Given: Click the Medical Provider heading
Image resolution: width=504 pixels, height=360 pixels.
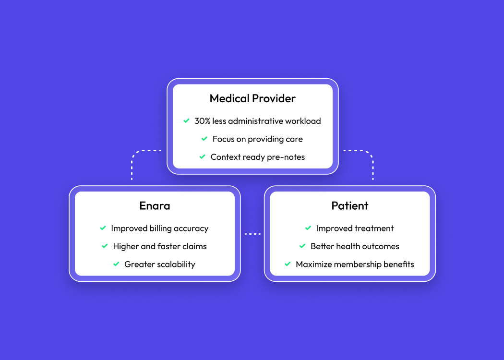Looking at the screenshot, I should pos(252,99).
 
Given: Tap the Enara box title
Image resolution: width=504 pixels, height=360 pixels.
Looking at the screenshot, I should pos(155,206).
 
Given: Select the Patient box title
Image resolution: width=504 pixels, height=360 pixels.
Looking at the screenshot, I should pos(350,206).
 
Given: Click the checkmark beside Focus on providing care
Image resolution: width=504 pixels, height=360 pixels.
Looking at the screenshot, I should pos(204,139).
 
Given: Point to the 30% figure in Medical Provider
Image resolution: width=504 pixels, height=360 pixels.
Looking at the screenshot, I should pos(202,121).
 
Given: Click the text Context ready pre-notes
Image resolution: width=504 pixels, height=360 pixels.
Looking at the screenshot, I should pos(257,157).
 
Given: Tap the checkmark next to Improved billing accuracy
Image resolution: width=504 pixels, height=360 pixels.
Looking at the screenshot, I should pos(103,228).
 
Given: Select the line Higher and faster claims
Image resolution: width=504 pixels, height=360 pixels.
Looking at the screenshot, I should pos(159,246).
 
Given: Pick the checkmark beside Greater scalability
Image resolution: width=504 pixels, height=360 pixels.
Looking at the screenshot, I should pos(116,264).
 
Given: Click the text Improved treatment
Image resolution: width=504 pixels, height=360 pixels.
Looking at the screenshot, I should pos(355,228).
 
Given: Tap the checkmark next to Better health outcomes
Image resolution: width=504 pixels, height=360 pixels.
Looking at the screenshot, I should pos(302,246).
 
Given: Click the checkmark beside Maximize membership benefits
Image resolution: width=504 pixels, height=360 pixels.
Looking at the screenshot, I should pos(288,264).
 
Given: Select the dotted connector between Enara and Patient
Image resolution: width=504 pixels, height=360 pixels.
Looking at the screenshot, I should pos(252,234).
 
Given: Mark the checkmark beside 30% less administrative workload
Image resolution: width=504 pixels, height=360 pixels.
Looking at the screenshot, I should pos(186,121).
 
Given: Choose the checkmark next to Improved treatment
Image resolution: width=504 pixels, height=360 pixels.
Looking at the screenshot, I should pos(308,228).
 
